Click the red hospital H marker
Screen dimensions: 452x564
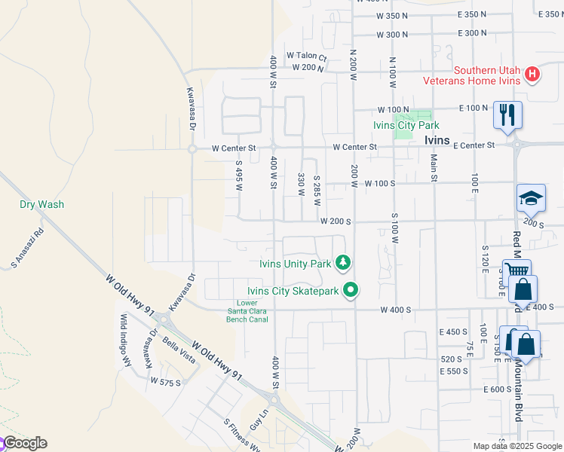532,74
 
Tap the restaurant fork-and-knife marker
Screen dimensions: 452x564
507,115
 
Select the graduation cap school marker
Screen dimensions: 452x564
531,199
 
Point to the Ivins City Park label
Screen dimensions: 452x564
406,126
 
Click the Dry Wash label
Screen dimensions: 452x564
41,204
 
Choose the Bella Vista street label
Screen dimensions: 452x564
179,351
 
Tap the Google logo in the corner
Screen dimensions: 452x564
25,443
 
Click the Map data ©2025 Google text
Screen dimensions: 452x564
517,446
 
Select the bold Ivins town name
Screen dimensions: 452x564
437,141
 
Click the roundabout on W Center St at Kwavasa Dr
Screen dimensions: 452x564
192,148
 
